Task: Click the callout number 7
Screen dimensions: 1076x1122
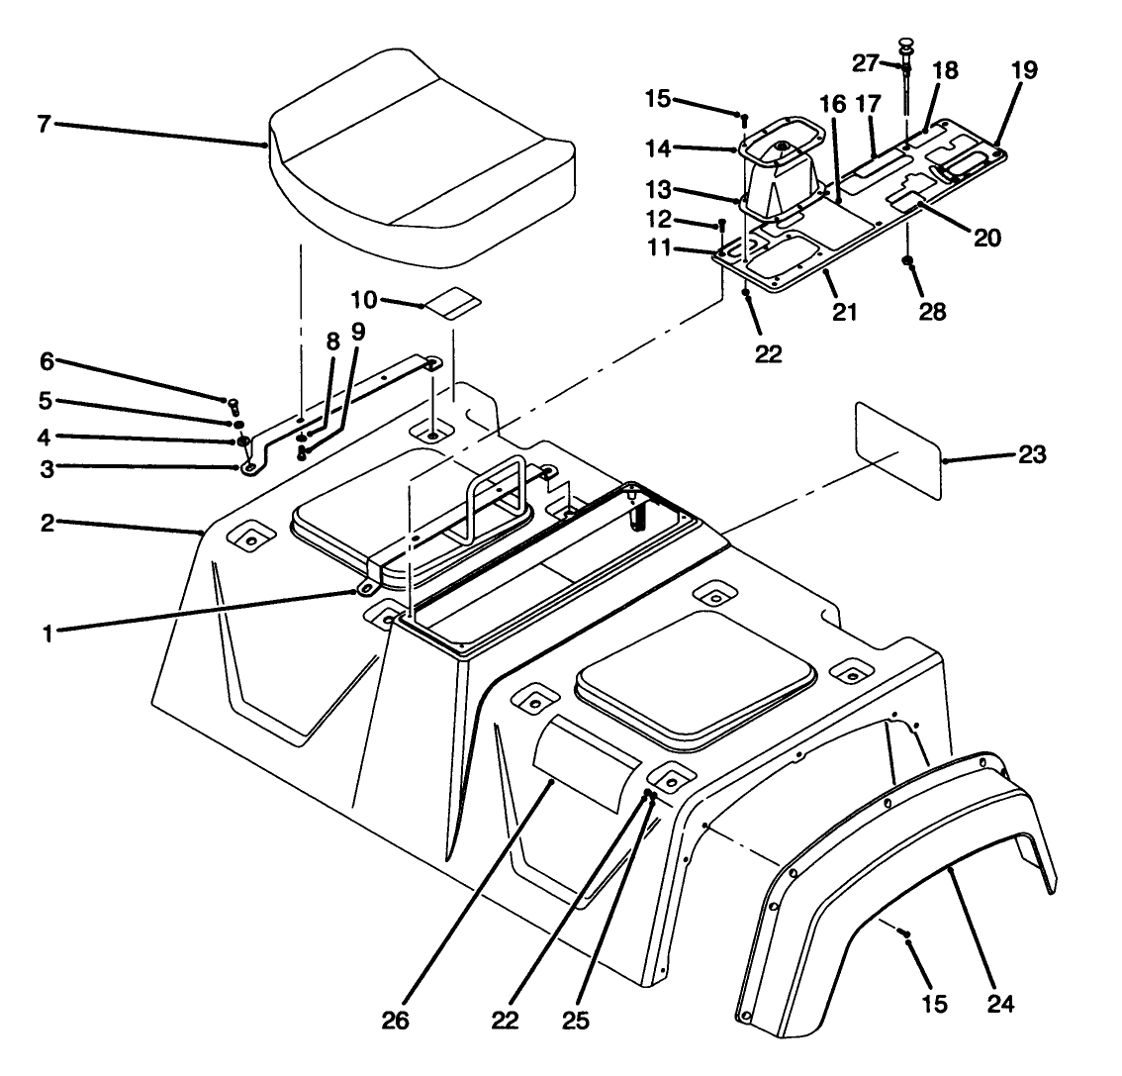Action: coord(44,125)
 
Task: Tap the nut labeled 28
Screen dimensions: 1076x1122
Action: coord(906,262)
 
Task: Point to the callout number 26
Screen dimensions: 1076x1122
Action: coord(401,1019)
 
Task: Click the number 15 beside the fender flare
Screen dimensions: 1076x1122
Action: coord(934,1004)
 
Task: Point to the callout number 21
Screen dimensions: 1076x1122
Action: coord(844,312)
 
